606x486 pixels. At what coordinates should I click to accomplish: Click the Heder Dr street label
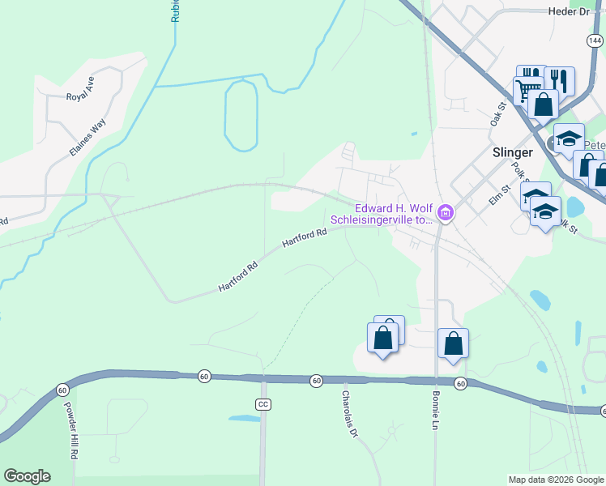pos(570,11)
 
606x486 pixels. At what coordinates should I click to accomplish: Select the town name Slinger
pos(513,152)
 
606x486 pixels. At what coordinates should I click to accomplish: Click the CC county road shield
pos(262,404)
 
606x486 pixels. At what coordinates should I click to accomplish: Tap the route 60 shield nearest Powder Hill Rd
pos(62,390)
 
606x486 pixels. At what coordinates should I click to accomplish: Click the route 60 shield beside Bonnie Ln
pos(460,383)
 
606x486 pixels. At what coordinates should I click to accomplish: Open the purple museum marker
pos(445,214)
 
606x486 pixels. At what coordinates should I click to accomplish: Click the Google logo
pos(27,476)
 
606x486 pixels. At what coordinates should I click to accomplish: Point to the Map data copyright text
pos(556,480)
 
